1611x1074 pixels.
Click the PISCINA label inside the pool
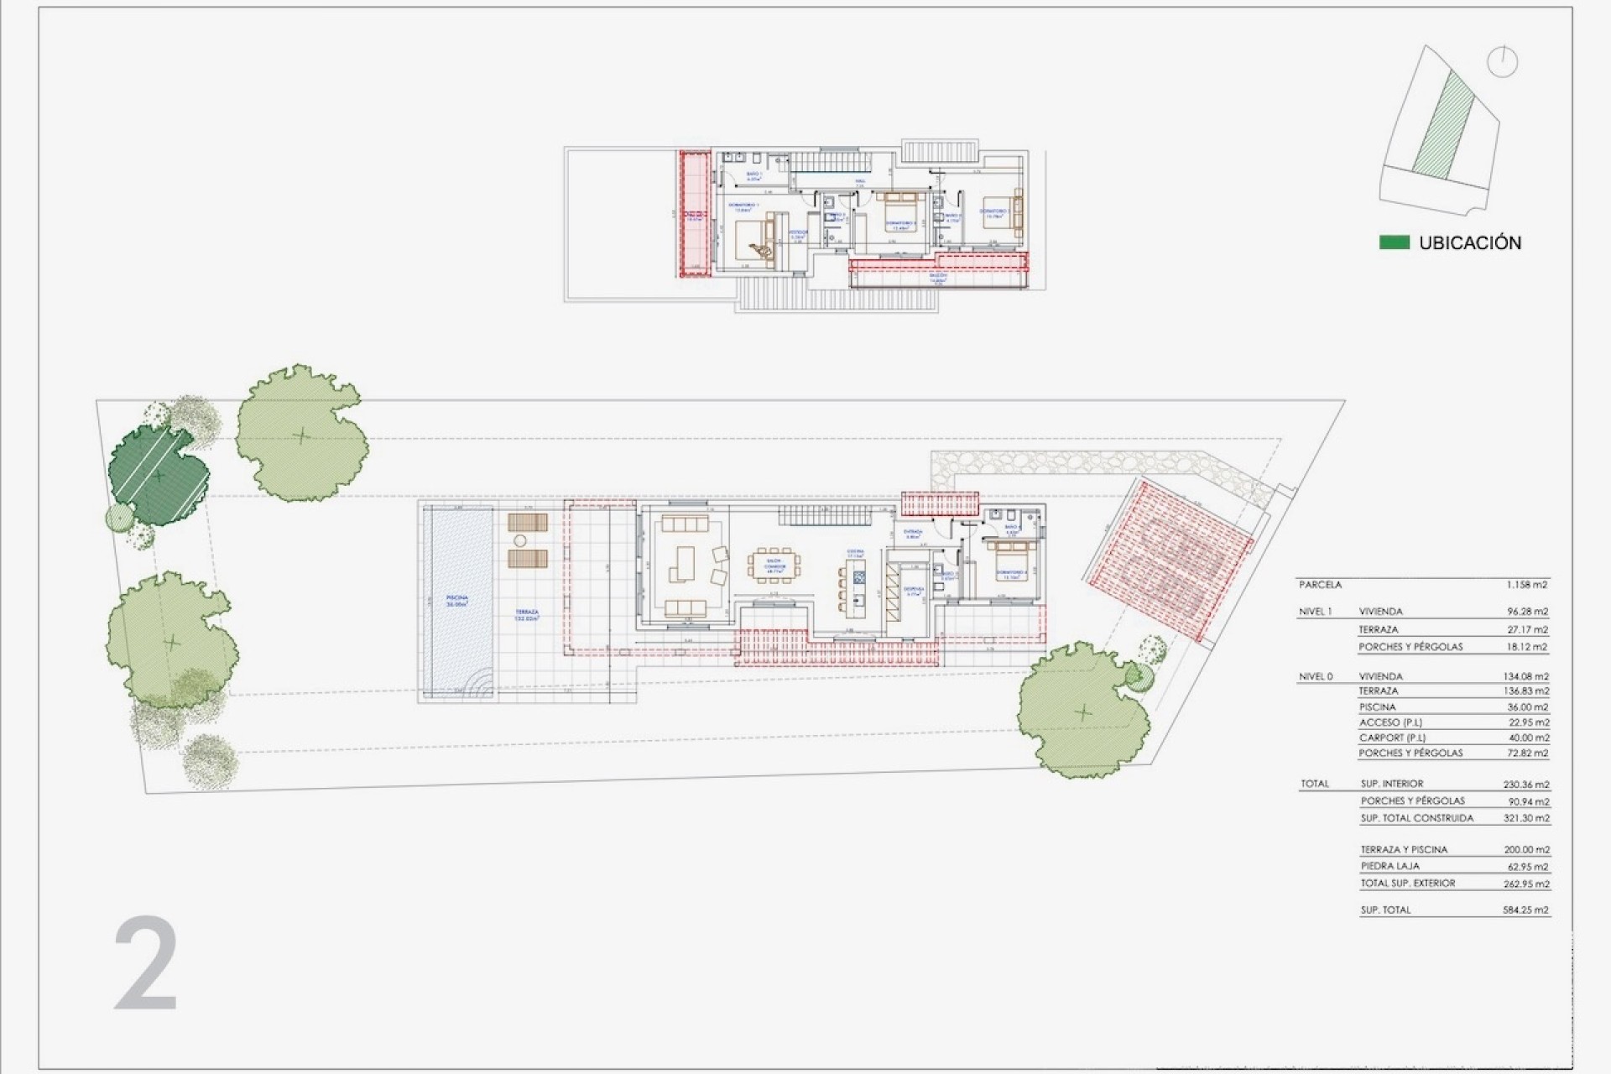click(x=456, y=600)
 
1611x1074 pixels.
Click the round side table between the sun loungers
click(x=520, y=540)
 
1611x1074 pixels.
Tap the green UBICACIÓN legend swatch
click(x=1394, y=242)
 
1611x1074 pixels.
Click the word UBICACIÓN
click(x=1470, y=243)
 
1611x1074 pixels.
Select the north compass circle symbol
click(x=1502, y=63)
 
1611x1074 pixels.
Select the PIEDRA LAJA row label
click(x=1390, y=866)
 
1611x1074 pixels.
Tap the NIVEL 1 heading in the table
click(x=1315, y=612)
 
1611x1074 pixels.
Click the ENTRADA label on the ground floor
click(x=913, y=532)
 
